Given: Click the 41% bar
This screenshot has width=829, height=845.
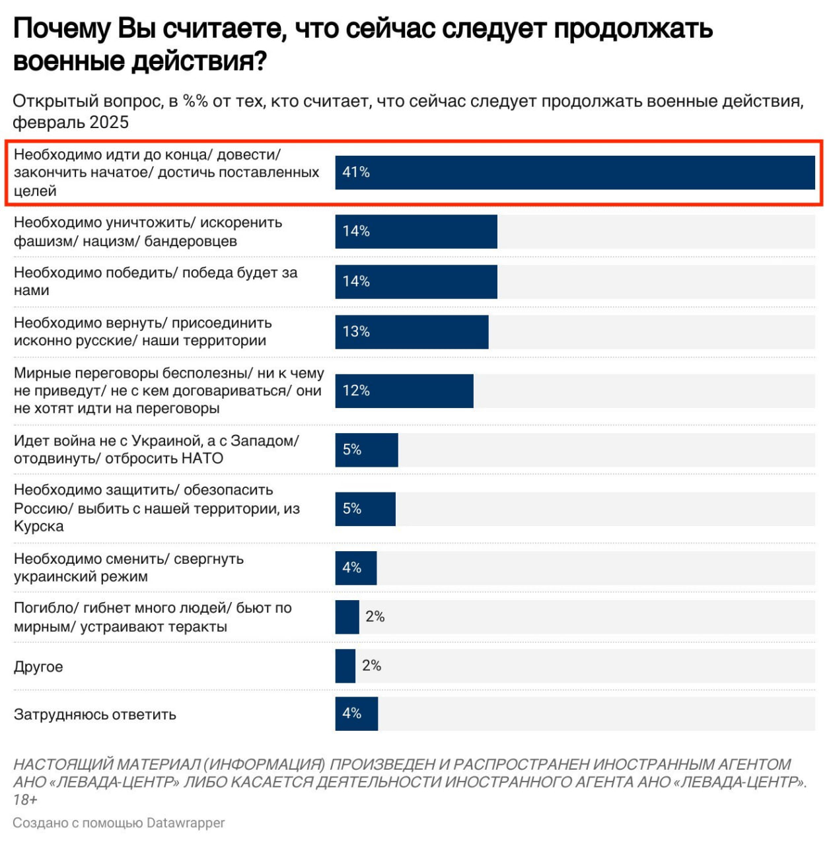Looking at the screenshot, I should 575,172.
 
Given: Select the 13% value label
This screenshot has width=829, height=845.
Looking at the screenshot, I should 355,331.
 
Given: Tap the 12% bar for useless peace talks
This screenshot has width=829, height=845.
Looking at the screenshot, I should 404,391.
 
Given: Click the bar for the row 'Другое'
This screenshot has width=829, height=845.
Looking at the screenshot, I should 345,666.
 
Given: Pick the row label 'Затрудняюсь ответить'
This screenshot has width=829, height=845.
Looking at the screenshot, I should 95,714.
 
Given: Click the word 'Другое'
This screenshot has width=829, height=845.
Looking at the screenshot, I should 38,666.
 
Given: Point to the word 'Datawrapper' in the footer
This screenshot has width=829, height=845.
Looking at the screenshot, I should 186,823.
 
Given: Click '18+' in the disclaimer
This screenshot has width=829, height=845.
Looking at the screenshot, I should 25,800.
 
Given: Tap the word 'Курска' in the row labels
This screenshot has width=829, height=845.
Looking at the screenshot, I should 39,526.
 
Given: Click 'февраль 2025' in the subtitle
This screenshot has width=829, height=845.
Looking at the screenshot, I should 71,122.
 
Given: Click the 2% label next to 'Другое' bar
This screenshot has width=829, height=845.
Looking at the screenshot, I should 371,665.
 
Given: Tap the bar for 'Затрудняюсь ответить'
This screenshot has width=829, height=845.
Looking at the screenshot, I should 357,714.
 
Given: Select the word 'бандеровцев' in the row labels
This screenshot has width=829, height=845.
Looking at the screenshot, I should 190,241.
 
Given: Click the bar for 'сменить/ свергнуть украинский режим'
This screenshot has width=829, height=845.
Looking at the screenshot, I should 356,568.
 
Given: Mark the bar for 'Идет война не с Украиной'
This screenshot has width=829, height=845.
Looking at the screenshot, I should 367,450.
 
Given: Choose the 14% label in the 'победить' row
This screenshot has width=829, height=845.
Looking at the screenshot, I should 355,281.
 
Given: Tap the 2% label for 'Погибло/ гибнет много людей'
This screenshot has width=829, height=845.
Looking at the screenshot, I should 375,617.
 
